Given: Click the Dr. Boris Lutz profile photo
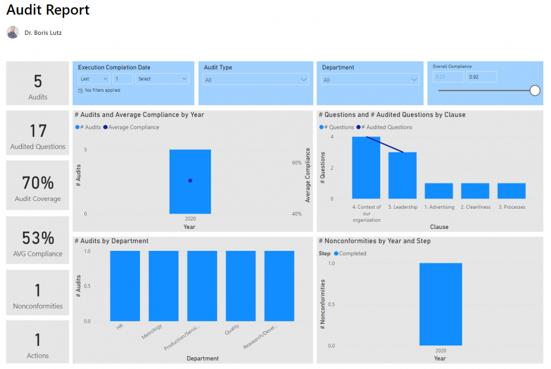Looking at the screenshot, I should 12,33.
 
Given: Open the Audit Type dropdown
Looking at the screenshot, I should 256,80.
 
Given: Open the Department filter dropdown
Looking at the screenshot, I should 370,80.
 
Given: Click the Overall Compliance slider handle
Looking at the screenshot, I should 535,90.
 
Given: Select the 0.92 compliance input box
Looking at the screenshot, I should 481,77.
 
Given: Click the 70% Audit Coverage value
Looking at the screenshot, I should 38,183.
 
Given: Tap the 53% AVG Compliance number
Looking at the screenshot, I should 38,238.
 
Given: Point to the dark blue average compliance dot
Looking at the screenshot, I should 190,181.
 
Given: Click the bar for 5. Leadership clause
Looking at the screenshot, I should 403,175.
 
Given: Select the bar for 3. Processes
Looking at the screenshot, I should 511,191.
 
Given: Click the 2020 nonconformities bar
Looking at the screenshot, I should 440,304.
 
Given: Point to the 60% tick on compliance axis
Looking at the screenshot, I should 296,163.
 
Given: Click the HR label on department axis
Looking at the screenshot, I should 119,327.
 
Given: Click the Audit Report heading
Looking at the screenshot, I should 48,10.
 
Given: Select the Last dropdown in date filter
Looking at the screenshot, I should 93,79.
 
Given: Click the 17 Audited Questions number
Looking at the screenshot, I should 38,131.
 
